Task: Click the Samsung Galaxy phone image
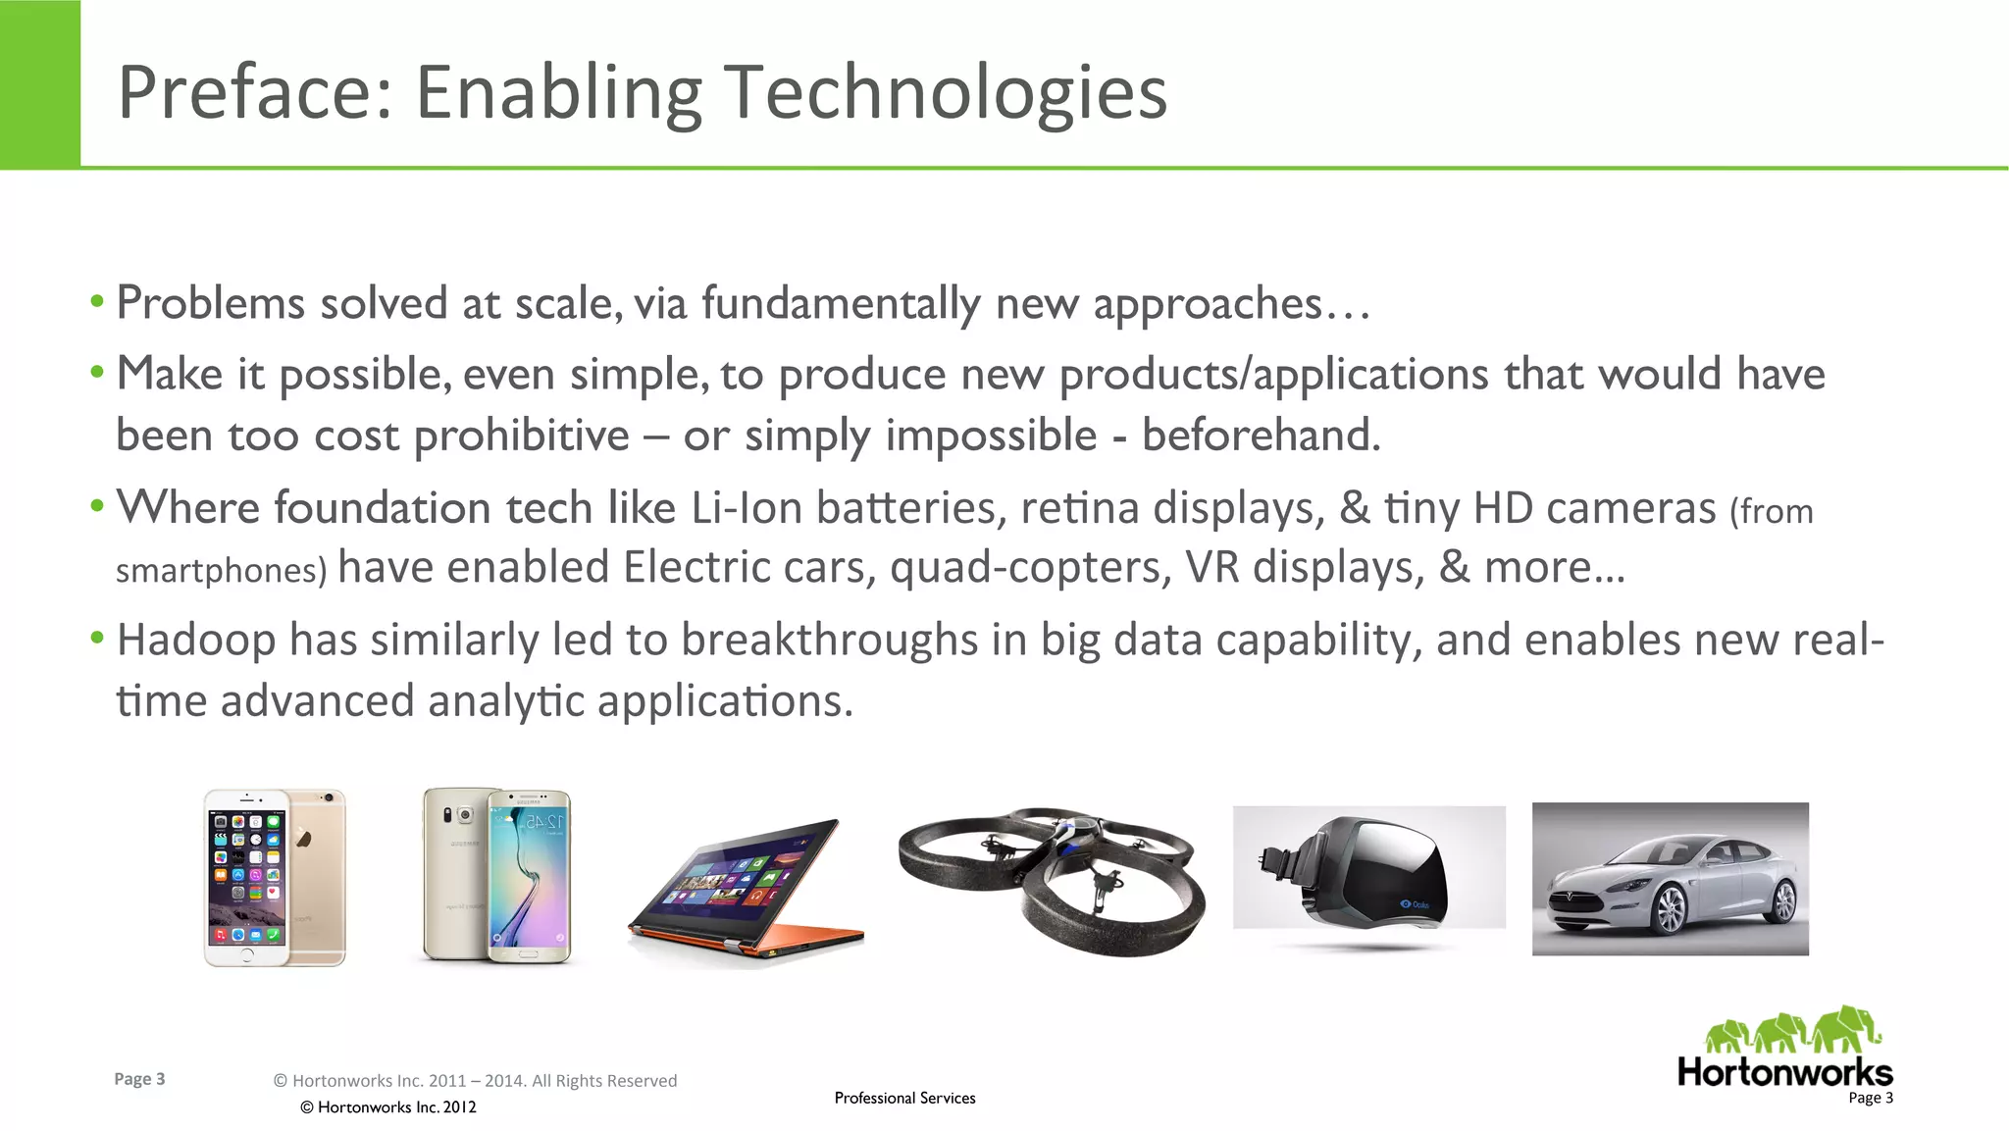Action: (497, 876)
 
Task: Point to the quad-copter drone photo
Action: (1052, 878)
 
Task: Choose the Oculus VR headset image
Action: (1368, 867)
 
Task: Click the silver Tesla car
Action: (1670, 879)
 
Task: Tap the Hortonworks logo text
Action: (1784, 1072)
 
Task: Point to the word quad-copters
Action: (1030, 568)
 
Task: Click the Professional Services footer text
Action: (904, 1098)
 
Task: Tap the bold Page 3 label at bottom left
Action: (139, 1079)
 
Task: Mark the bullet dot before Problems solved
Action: (96, 301)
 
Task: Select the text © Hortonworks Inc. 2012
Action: (388, 1107)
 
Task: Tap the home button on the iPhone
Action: (247, 954)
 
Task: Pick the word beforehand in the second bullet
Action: (1261, 436)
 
